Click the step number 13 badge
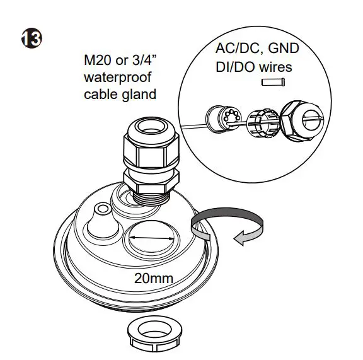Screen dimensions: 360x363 coord(31,38)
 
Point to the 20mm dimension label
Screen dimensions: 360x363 coord(154,277)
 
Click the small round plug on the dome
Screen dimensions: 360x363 coord(101,209)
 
